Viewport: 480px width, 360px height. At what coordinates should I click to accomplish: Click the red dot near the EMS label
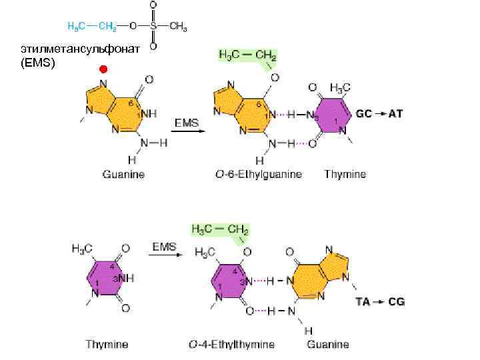(103, 69)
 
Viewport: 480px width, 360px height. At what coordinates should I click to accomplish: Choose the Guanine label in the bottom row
(328, 345)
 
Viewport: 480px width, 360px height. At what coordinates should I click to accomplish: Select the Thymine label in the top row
(345, 175)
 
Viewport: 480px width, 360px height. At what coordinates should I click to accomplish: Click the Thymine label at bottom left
(107, 345)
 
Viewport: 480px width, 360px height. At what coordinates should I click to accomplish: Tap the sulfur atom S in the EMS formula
(153, 27)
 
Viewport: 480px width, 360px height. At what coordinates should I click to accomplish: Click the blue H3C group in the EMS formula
(77, 27)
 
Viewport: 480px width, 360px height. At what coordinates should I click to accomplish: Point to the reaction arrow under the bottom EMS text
(163, 256)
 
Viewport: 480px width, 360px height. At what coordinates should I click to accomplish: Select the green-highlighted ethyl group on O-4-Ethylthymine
(220, 230)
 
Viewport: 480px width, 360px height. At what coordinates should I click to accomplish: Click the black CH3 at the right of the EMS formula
(178, 27)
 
